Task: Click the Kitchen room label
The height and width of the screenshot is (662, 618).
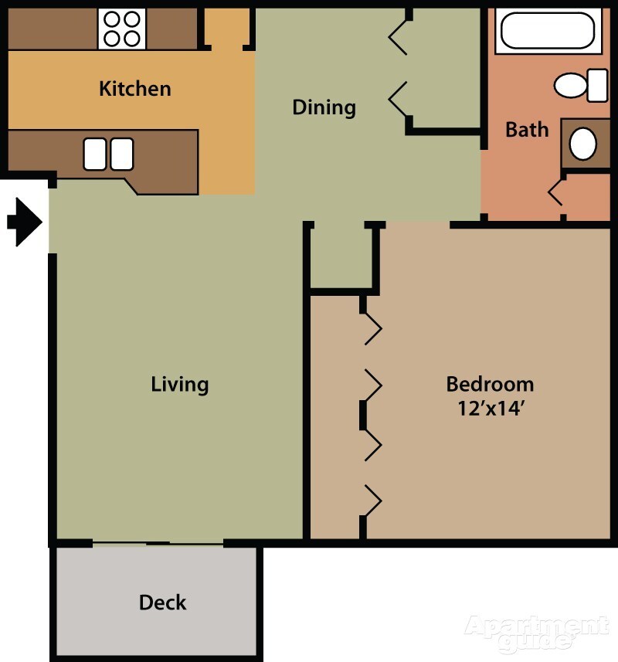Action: pyautogui.click(x=134, y=89)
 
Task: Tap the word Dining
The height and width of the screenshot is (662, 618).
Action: pyautogui.click(x=324, y=107)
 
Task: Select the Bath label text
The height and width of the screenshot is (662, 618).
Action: pyautogui.click(x=527, y=129)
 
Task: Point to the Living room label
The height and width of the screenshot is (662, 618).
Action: pyautogui.click(x=180, y=384)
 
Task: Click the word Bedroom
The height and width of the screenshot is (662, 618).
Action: pyautogui.click(x=490, y=383)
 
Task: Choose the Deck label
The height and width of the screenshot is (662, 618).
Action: pyautogui.click(x=162, y=603)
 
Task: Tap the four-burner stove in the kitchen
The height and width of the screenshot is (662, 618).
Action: pyautogui.click(x=121, y=29)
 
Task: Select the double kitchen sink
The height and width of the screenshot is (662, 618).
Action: pyautogui.click(x=108, y=154)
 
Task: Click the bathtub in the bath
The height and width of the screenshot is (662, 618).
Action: pyautogui.click(x=547, y=31)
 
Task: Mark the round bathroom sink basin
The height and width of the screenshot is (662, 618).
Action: pyautogui.click(x=583, y=144)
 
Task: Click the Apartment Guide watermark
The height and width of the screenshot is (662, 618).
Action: pyautogui.click(x=536, y=632)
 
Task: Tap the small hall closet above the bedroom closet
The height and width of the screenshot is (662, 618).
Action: pyautogui.click(x=343, y=256)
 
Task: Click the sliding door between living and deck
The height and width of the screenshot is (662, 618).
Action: pyautogui.click(x=158, y=544)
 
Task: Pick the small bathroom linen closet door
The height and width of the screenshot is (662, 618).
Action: pyautogui.click(x=555, y=193)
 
